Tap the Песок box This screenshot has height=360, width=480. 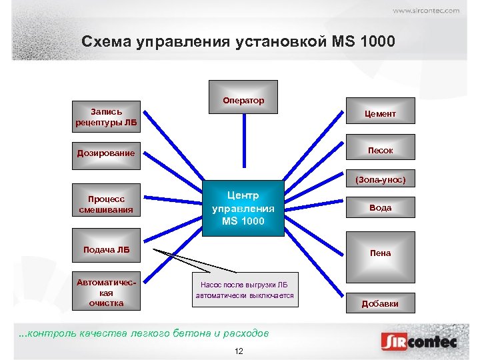click(x=380, y=150)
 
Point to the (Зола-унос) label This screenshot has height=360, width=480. click(x=380, y=180)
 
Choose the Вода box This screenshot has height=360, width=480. click(x=380, y=207)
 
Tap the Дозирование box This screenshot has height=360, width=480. click(x=106, y=153)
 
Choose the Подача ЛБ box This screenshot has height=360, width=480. click(x=106, y=250)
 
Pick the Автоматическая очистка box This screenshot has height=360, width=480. click(x=106, y=292)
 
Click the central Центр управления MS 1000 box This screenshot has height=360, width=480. click(x=243, y=207)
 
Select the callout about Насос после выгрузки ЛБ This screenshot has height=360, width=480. click(x=244, y=290)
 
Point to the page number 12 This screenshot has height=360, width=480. click(x=239, y=351)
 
